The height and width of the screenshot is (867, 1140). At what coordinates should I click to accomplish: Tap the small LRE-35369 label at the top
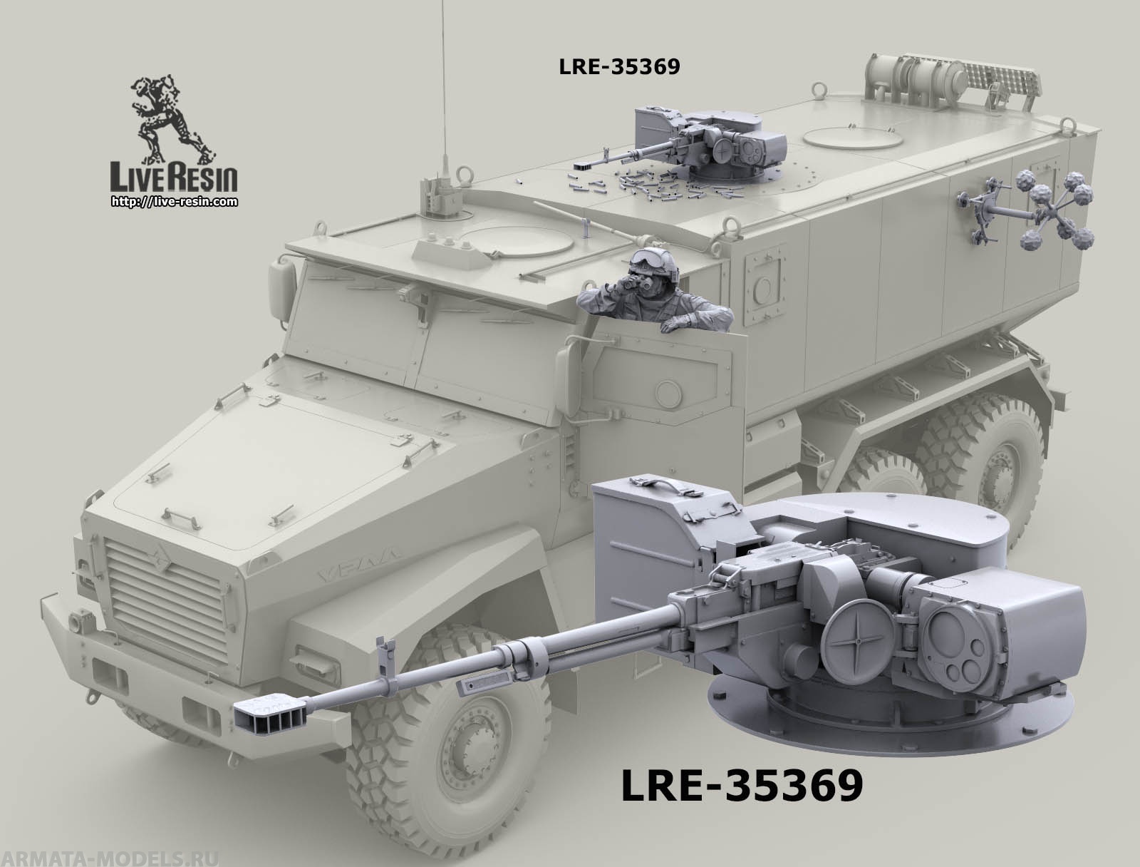coord(619,66)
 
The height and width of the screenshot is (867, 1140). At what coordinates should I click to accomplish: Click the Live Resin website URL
coord(175,201)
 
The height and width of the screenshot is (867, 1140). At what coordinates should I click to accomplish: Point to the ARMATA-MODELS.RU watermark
coord(109,858)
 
